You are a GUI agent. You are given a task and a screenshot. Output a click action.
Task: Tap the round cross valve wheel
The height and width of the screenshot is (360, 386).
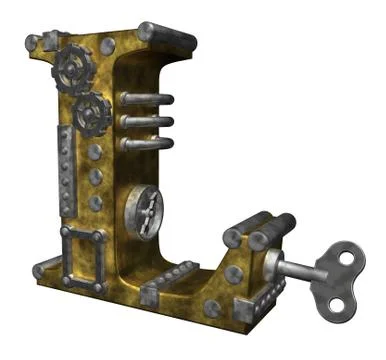pyautogui.click(x=143, y=207)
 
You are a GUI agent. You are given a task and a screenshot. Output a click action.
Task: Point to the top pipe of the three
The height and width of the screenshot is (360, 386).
pyautogui.click(x=146, y=99)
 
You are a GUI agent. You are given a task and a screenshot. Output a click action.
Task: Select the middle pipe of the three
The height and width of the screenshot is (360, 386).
pyautogui.click(x=146, y=121)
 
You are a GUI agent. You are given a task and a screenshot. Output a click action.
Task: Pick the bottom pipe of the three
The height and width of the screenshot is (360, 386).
pyautogui.click(x=146, y=144)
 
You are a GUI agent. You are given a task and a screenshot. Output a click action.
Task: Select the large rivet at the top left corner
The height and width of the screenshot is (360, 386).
pyautogui.click(x=32, y=43)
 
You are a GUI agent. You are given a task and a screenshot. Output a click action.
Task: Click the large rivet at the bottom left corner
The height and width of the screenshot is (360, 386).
pyautogui.click(x=40, y=270)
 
